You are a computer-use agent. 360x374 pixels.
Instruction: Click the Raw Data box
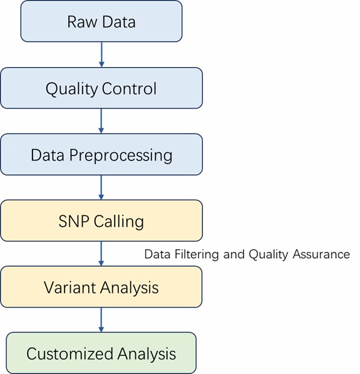[x=101, y=21]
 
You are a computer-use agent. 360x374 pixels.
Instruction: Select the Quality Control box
[x=101, y=88]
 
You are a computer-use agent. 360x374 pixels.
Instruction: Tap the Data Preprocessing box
[x=101, y=154]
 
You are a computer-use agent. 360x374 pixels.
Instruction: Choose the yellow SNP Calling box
[x=101, y=221]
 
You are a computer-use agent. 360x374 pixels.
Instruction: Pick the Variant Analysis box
[x=101, y=287]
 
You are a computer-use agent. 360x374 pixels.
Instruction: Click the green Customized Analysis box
[x=101, y=353]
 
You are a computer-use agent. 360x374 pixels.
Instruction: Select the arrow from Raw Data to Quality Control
[x=101, y=55]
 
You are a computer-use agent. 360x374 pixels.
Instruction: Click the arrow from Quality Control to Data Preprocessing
[x=101, y=121]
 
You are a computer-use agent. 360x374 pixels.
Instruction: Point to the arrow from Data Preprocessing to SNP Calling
[x=101, y=187]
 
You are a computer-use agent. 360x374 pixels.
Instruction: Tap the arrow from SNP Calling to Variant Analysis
[x=101, y=254]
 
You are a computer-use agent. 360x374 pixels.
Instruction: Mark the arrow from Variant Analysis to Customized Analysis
[x=101, y=319]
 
